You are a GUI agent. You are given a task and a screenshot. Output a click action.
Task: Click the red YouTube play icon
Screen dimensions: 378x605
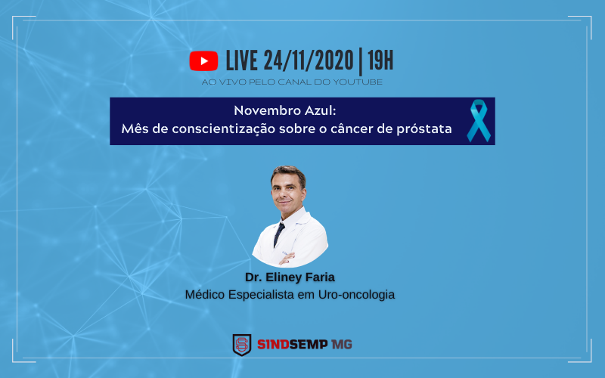[x=203, y=60]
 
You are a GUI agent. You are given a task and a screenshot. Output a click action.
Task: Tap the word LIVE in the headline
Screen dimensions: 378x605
[x=241, y=60]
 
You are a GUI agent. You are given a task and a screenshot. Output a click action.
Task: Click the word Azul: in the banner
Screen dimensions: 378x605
[x=315, y=110]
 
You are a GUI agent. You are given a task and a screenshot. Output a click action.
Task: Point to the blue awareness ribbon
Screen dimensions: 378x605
[x=478, y=120]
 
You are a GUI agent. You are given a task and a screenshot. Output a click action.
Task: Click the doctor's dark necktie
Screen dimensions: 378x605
[x=279, y=234]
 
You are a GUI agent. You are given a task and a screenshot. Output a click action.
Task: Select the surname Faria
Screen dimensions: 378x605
[x=321, y=277]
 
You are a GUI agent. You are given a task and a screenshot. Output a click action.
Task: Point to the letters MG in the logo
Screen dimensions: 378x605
[x=342, y=345]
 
